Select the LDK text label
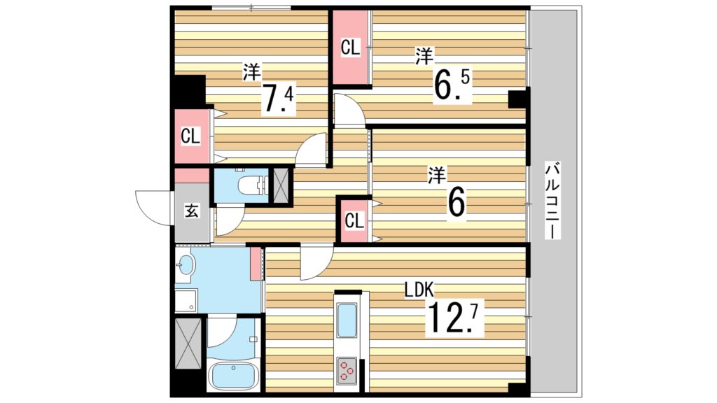[419, 288]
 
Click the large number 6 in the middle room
[456, 202]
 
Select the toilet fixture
[251, 185]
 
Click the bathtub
[234, 377]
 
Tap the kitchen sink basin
[347, 321]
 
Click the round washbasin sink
[186, 265]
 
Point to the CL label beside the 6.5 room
[350, 48]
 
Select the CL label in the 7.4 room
[190, 136]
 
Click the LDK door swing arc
[316, 262]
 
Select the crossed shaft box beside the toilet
[281, 185]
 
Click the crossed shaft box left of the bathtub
[188, 342]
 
